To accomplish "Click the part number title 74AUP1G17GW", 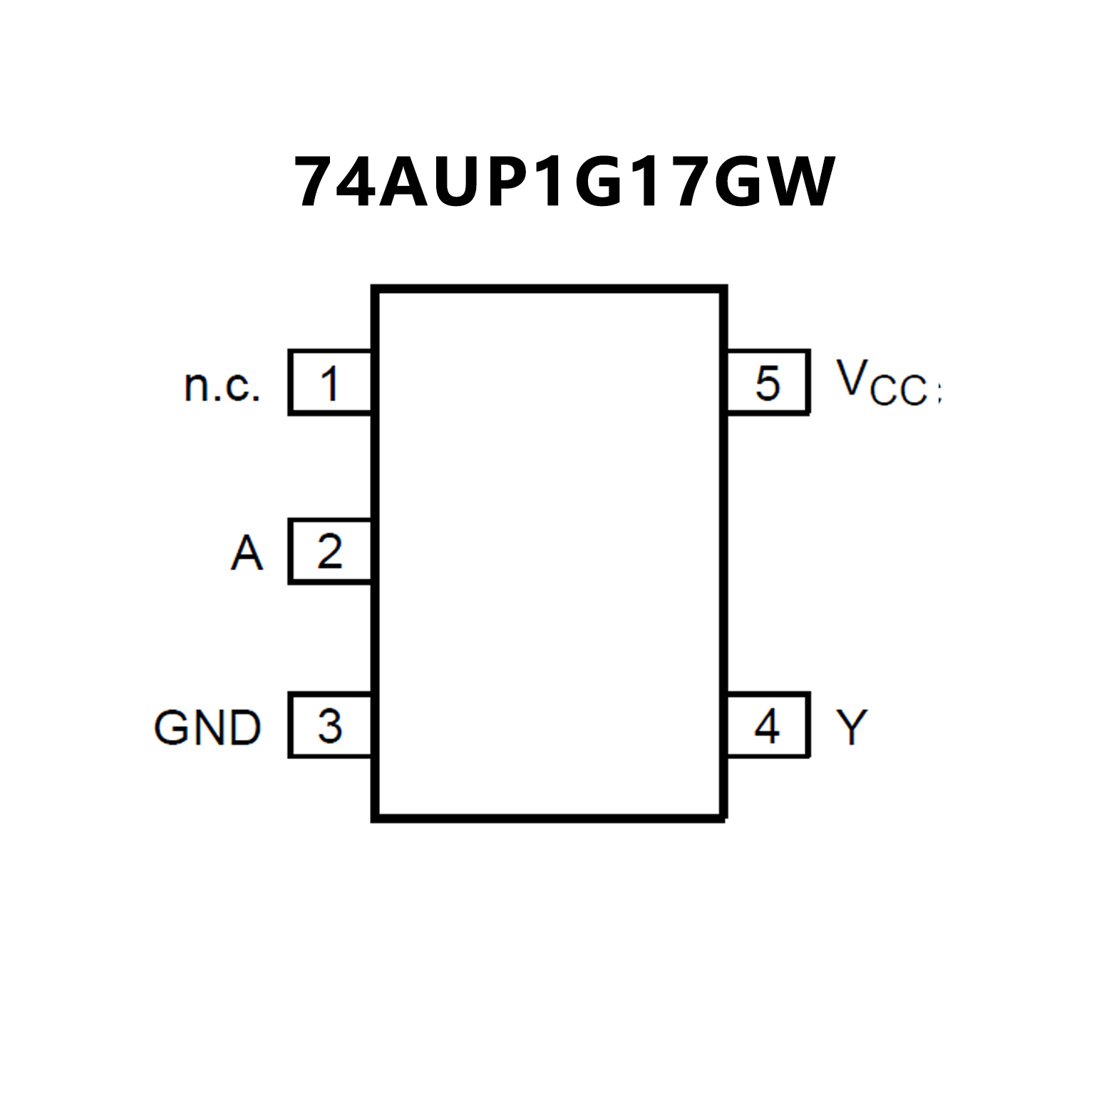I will tap(564, 182).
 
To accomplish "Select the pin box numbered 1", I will tap(330, 383).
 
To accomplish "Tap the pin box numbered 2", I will tap(330, 552).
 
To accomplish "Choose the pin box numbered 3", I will tap(330, 726).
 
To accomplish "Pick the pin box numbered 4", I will tap(768, 726).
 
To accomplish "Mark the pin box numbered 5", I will tap(768, 383).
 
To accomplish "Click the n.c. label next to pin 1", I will tap(222, 386).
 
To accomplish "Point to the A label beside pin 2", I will tap(247, 553).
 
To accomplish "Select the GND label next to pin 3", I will tap(207, 728).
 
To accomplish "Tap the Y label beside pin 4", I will tap(852, 728).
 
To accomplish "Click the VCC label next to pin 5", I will tap(884, 383).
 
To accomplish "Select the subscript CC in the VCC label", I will tap(899, 391).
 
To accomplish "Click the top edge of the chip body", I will tap(549, 289).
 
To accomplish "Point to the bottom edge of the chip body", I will tap(549, 818).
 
